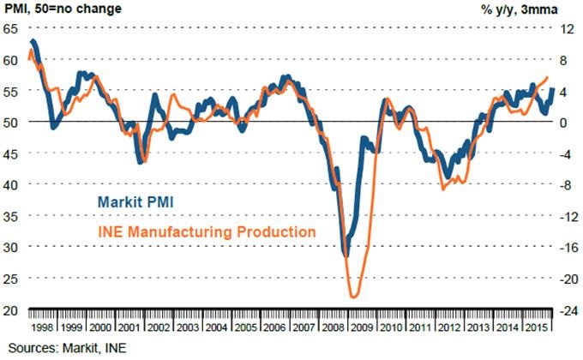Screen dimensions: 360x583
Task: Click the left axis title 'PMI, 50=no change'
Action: point(61,9)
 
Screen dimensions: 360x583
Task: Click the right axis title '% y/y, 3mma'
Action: point(532,9)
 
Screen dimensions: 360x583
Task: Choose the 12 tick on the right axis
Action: point(566,28)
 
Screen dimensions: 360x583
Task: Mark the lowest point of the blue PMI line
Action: point(346,255)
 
